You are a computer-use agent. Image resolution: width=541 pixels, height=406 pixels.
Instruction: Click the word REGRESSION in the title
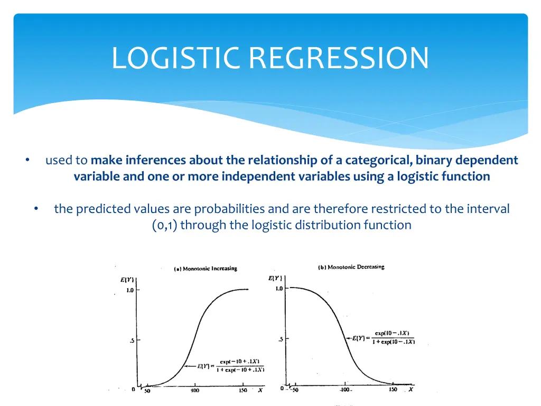click(339, 58)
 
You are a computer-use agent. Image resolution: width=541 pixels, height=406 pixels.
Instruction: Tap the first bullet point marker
click(27, 160)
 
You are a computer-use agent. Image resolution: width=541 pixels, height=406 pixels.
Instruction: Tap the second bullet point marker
click(35, 209)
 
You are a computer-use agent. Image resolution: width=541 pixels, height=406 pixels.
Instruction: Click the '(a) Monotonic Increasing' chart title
click(206, 269)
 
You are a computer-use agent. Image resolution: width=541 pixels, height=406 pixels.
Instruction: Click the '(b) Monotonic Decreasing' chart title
click(351, 267)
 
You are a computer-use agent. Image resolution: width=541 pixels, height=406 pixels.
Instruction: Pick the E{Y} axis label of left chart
click(127, 280)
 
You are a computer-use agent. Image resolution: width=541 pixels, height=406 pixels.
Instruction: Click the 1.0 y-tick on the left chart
click(129, 290)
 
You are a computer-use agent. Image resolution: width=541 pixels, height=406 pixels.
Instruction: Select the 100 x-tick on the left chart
click(195, 391)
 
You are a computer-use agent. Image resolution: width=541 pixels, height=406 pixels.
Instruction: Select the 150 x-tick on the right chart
click(393, 390)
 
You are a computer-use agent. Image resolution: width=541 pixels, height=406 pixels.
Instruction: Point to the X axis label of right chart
click(411, 390)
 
